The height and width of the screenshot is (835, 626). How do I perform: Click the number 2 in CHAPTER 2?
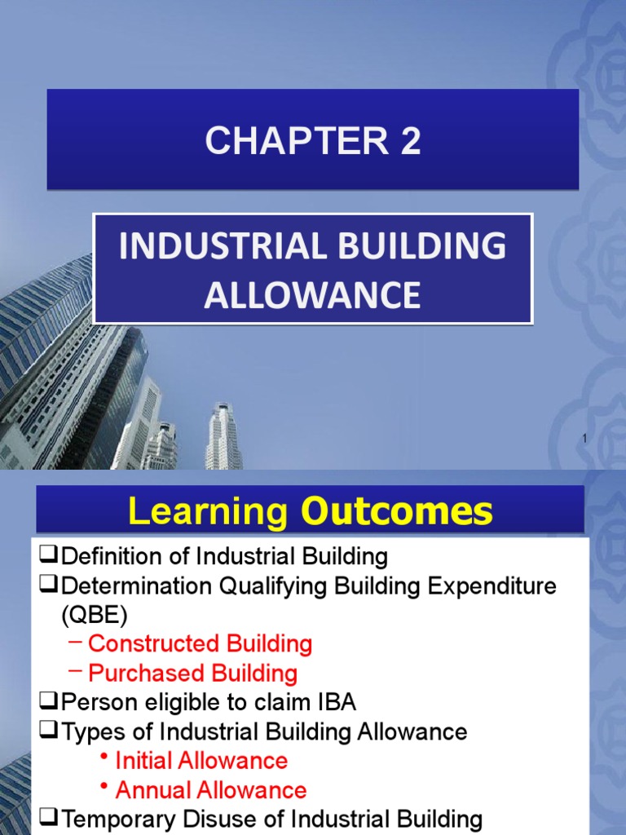pos(410,141)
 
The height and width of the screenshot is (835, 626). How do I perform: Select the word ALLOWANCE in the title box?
pos(313,294)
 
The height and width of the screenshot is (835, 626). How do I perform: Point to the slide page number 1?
pos(584,440)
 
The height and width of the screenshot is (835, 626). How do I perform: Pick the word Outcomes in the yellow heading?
pos(397,512)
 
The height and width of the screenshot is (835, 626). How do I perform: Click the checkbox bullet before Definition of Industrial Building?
pos(46,557)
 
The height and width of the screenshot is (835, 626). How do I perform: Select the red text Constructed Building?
pos(200,644)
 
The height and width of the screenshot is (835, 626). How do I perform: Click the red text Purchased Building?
pos(192,674)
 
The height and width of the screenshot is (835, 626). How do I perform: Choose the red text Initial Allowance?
pos(201,761)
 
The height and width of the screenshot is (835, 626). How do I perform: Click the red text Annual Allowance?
pos(211,790)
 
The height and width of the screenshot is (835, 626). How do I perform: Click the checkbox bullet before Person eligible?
pos(46,702)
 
